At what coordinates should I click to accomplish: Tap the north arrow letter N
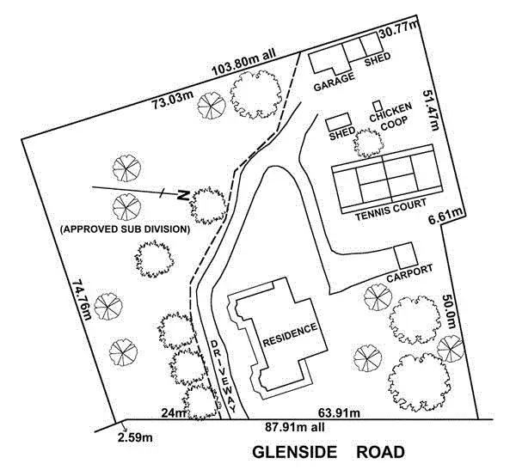point(182,196)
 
